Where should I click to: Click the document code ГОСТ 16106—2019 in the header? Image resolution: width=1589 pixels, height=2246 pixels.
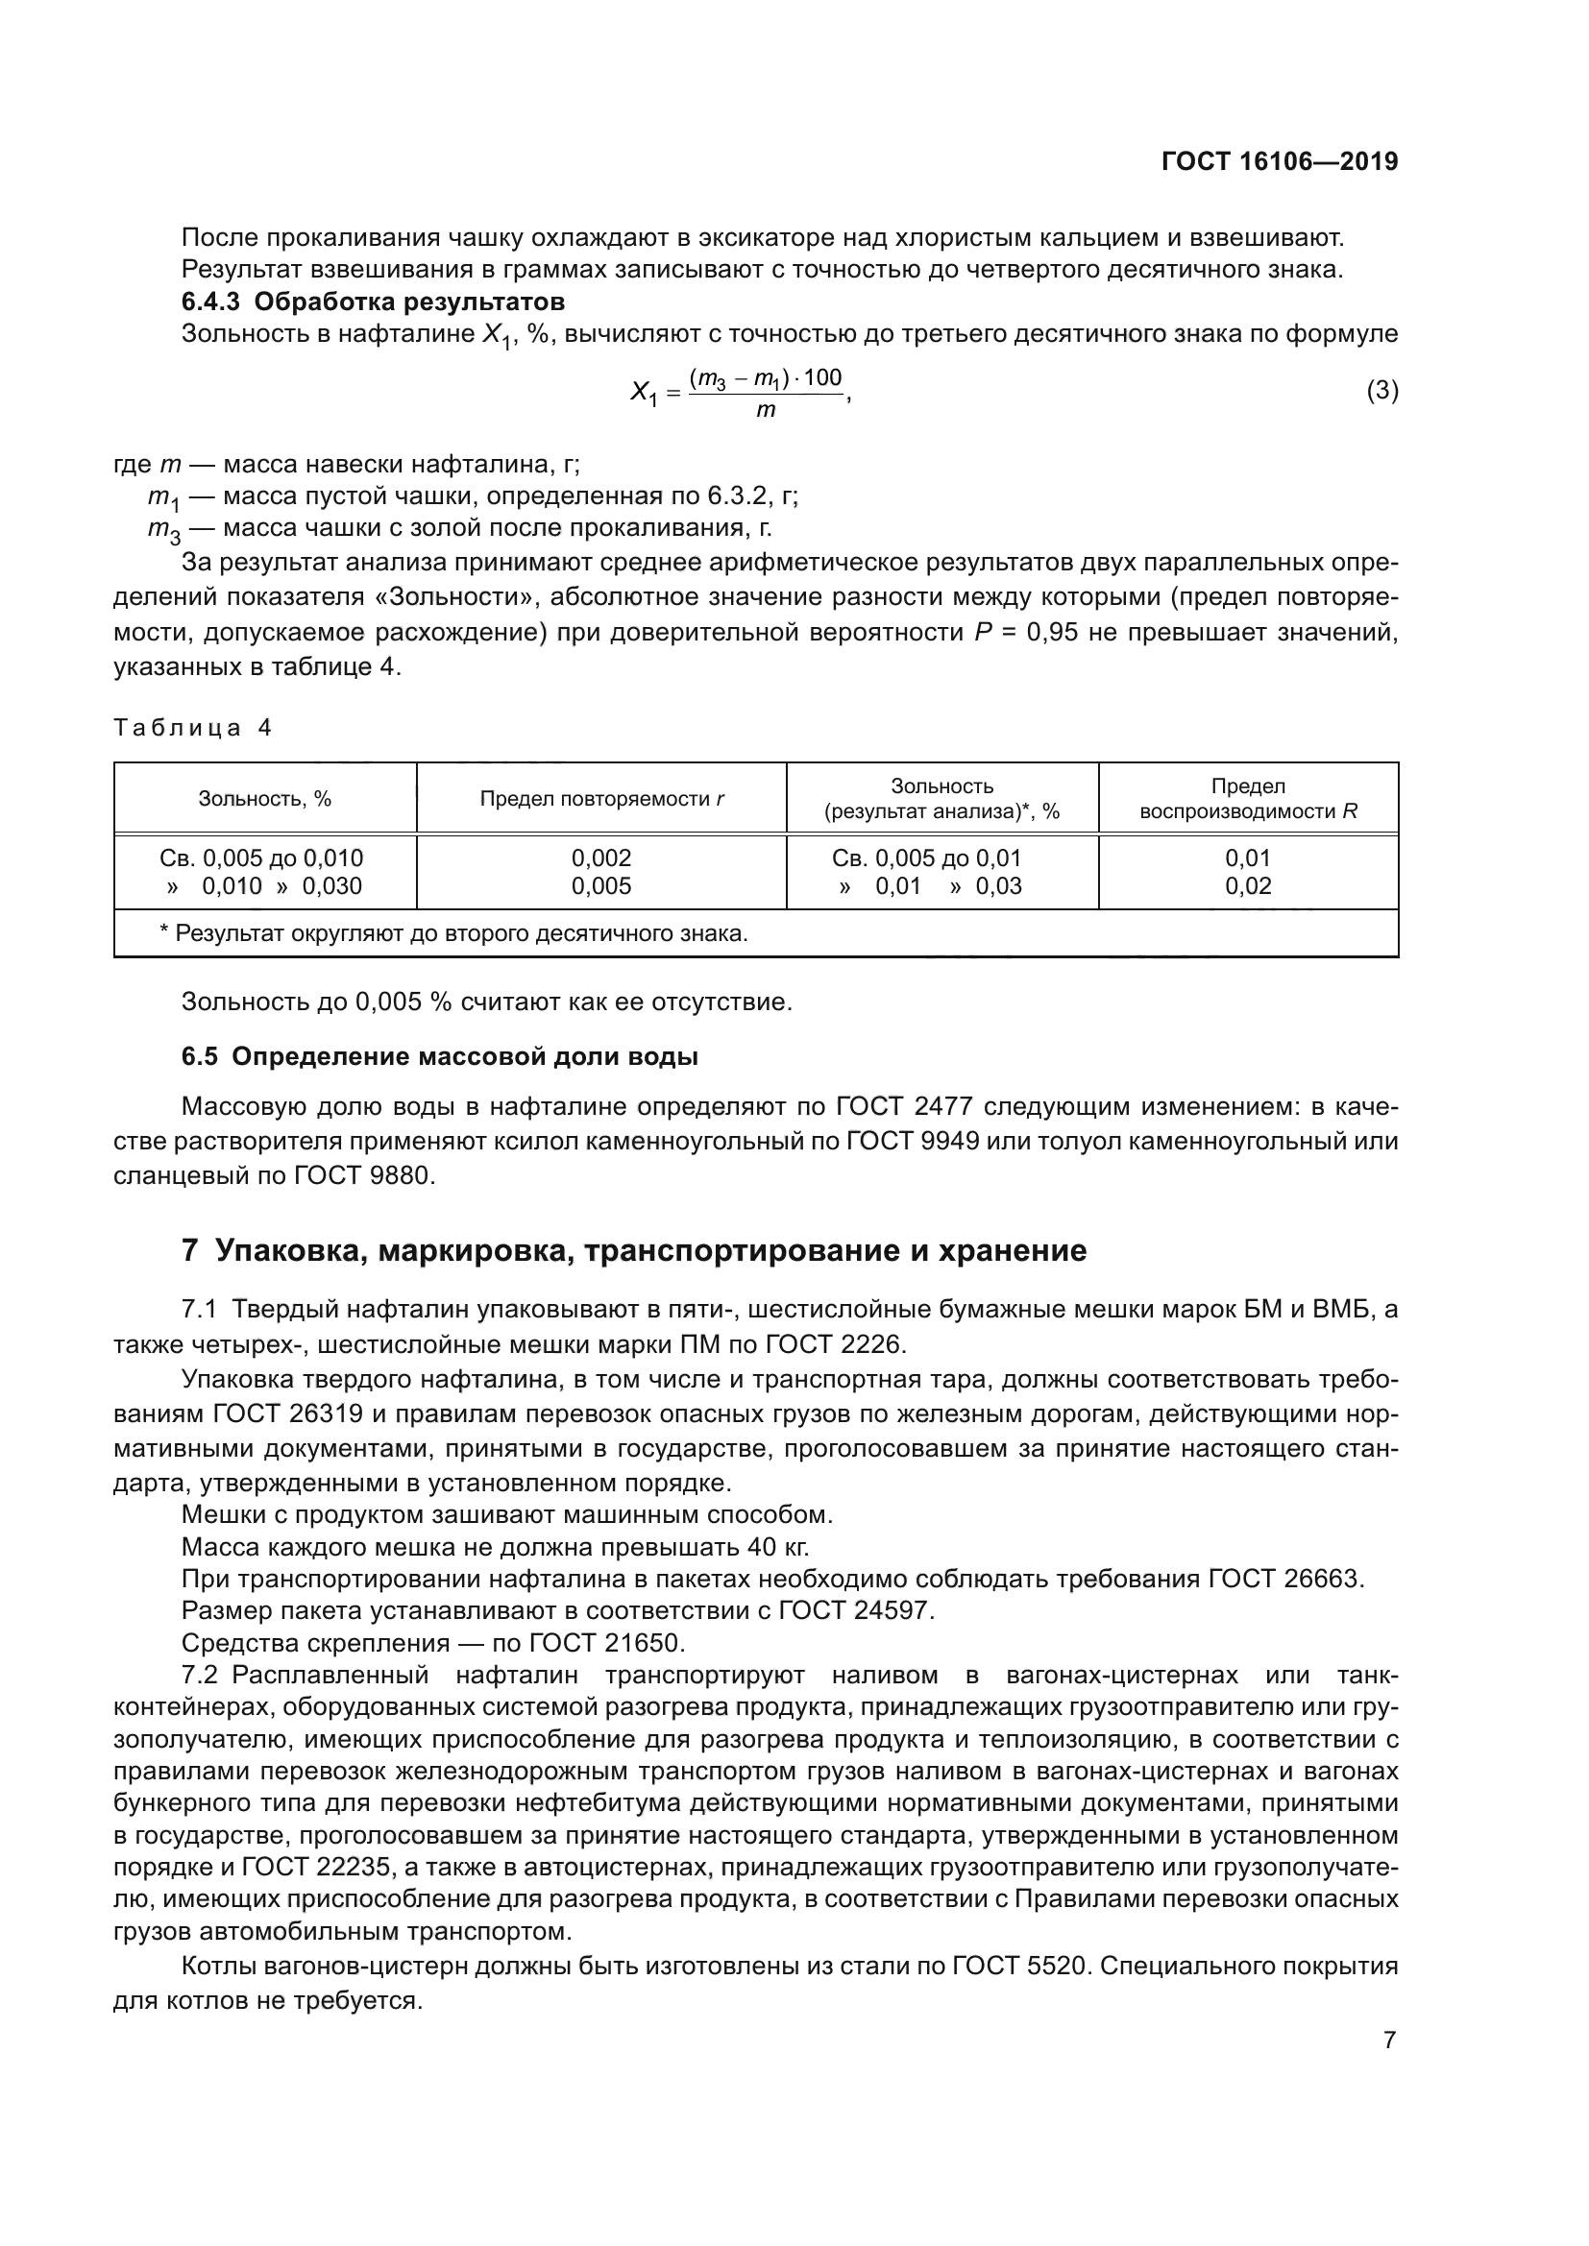1279,161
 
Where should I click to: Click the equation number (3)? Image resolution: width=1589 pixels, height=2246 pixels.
1381,390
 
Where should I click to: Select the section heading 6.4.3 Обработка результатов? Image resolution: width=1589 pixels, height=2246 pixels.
373,302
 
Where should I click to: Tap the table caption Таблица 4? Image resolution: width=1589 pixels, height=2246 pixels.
193,727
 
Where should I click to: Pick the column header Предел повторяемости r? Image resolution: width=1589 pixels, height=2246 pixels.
601,798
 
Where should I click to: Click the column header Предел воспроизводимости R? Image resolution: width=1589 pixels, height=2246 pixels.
1248,798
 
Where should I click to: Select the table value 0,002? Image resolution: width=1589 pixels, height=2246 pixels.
601,857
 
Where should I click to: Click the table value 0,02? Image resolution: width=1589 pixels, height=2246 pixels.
1248,886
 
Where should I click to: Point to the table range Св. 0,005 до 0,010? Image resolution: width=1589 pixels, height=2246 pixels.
261,857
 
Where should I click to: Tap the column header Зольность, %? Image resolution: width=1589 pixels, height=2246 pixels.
265,798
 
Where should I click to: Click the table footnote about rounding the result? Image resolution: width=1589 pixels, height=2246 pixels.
453,933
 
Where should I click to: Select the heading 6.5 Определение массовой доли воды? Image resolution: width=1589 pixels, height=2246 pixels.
439,1056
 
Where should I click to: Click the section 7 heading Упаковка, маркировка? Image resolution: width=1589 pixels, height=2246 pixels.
634,1250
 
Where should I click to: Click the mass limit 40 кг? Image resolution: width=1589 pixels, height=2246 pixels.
779,1547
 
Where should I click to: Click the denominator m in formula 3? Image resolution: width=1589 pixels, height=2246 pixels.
765,410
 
